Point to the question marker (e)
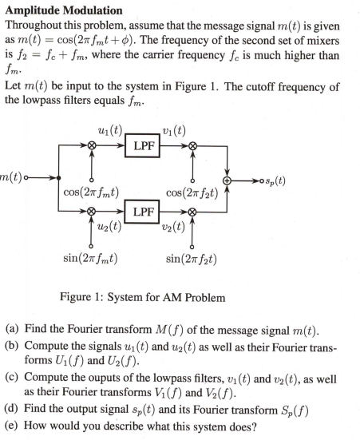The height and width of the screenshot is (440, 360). tap(12, 424)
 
